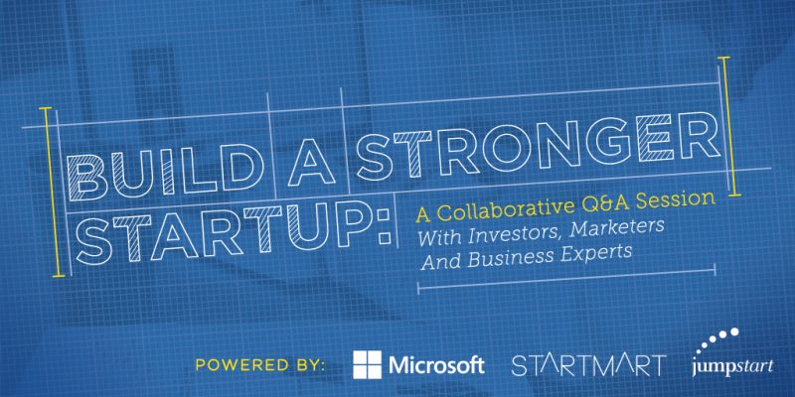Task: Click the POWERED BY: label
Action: coord(260,364)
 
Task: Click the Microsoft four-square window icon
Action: coord(368,364)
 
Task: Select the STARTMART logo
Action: coord(588,365)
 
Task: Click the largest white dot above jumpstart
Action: coord(733,332)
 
